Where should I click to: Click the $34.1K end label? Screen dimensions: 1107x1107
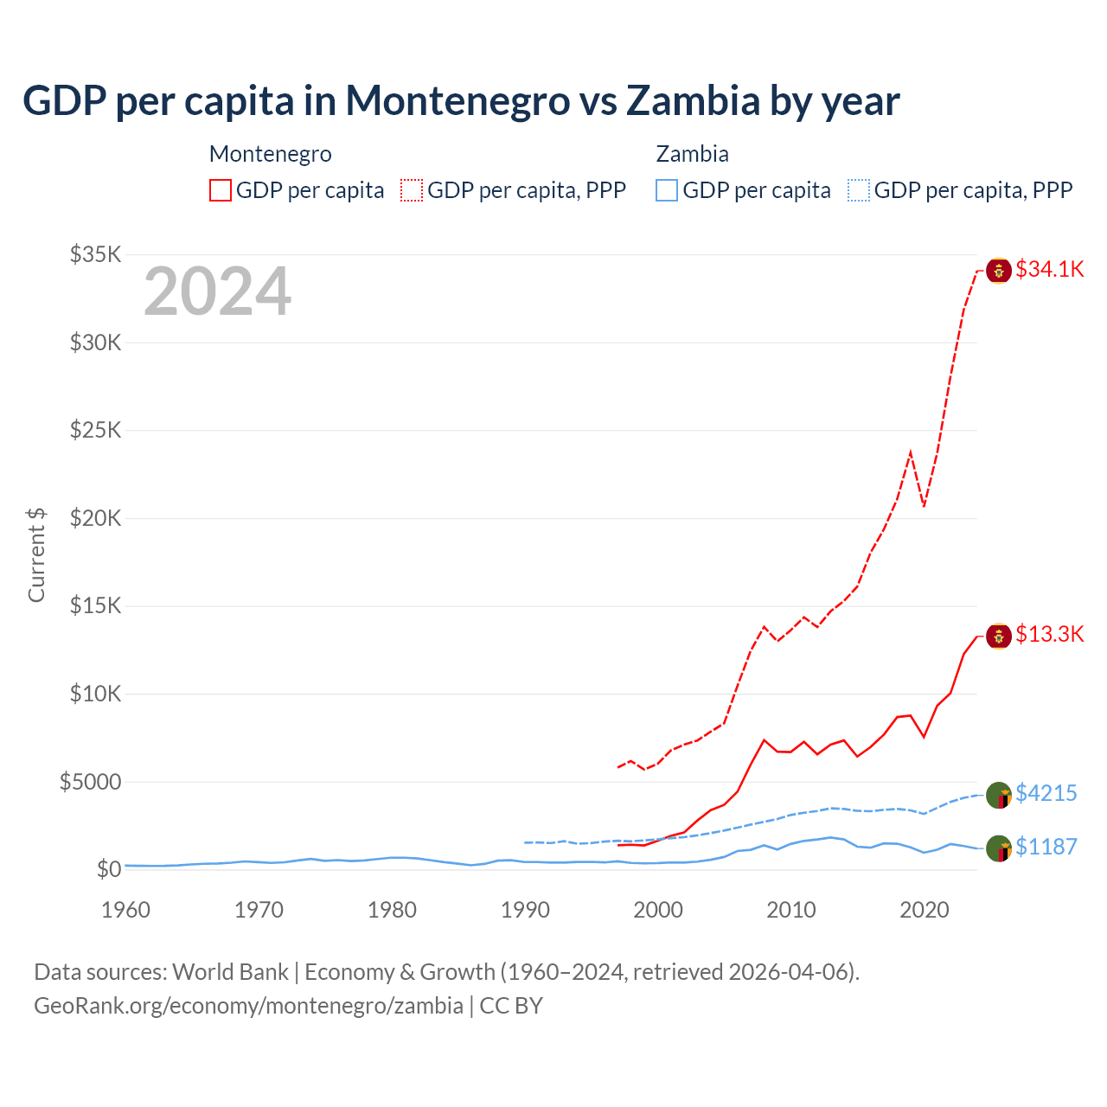coord(1049,269)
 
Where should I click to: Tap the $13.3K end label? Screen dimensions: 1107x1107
coord(1049,634)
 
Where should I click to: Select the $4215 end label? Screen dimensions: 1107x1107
coord(1046,793)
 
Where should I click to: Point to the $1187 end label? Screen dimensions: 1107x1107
coord(1046,847)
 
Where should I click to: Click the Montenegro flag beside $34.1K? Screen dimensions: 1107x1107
coord(999,271)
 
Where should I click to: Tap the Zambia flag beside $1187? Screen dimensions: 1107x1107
coord(999,848)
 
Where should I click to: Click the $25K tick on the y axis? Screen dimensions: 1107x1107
coord(96,430)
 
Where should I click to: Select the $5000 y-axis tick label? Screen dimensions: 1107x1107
coord(91,782)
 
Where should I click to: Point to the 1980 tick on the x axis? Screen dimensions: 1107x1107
coord(392,910)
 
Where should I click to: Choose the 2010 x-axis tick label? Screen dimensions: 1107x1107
coord(791,910)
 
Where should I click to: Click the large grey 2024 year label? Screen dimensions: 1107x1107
coord(217,291)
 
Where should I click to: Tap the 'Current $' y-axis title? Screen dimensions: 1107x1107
coord(36,555)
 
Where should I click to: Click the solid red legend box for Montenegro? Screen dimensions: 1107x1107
coord(221,190)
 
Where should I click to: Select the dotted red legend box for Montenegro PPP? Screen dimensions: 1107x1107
coord(412,190)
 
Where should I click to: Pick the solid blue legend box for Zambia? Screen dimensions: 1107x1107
coord(667,190)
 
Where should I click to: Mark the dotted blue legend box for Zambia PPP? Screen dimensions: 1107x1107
coord(859,190)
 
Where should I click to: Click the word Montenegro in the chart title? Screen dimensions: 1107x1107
coord(458,100)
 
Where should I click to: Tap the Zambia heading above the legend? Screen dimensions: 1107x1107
coord(692,154)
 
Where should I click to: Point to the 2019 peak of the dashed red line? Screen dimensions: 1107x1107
coord(911,451)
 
